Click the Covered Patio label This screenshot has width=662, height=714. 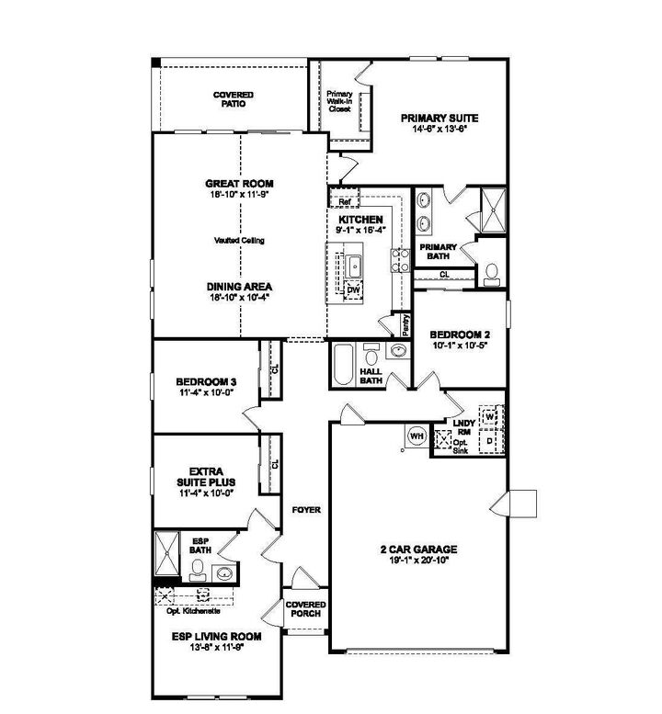tap(233, 99)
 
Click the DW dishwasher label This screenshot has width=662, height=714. tap(353, 289)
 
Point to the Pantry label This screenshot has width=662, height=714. tap(404, 324)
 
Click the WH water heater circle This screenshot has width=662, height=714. tap(415, 436)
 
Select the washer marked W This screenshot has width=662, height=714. tap(490, 417)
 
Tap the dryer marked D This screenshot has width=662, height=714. tap(490, 443)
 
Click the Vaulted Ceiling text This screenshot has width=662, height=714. tap(239, 240)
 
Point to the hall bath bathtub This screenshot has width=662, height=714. tap(344, 365)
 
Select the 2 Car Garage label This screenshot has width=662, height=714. tap(418, 550)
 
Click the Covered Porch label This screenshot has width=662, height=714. tap(304, 609)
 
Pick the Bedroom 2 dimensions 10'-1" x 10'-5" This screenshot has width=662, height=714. tap(459, 346)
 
